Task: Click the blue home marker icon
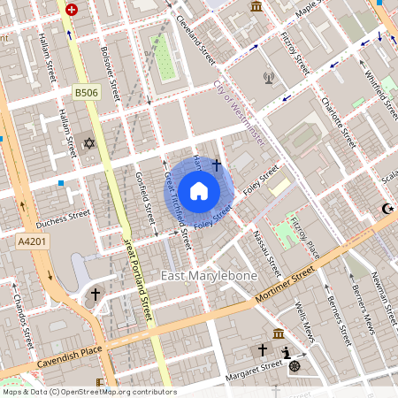(199, 190)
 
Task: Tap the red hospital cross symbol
(72, 10)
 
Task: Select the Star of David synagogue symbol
(88, 143)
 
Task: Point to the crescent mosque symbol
(385, 209)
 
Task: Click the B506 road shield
(86, 92)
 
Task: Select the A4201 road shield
(29, 240)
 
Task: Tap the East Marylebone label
(209, 276)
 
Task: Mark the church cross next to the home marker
(216, 165)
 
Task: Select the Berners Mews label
(356, 311)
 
